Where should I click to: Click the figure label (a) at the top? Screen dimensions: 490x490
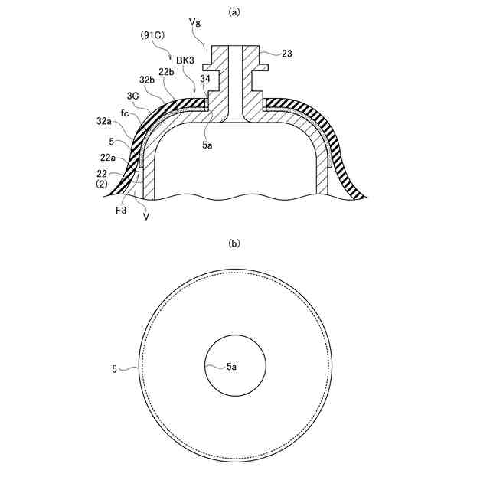pyautogui.click(x=234, y=12)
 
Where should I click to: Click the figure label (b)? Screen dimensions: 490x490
pyautogui.click(x=234, y=243)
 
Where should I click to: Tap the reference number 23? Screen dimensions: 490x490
pyautogui.click(x=287, y=54)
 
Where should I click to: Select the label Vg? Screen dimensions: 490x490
pyautogui.click(x=195, y=22)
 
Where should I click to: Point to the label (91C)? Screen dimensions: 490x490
pyautogui.click(x=152, y=35)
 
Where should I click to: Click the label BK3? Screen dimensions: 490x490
pyautogui.click(x=185, y=60)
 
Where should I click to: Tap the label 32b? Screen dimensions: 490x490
pyautogui.click(x=147, y=80)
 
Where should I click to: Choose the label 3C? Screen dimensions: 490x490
pyautogui.click(x=132, y=96)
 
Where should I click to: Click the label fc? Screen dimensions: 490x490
pyautogui.click(x=125, y=113)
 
